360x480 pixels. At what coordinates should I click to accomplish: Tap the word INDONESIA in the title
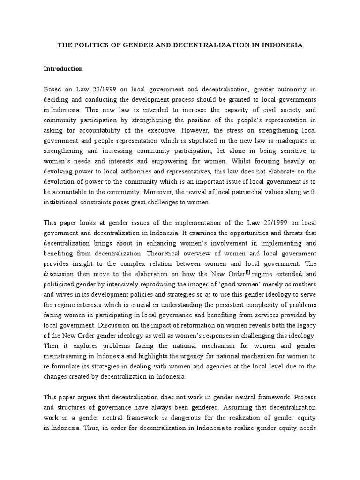[x=278, y=45]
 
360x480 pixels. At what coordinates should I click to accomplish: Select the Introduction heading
[x=63, y=69]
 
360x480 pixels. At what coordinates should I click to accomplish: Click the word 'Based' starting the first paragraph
[x=53, y=89]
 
